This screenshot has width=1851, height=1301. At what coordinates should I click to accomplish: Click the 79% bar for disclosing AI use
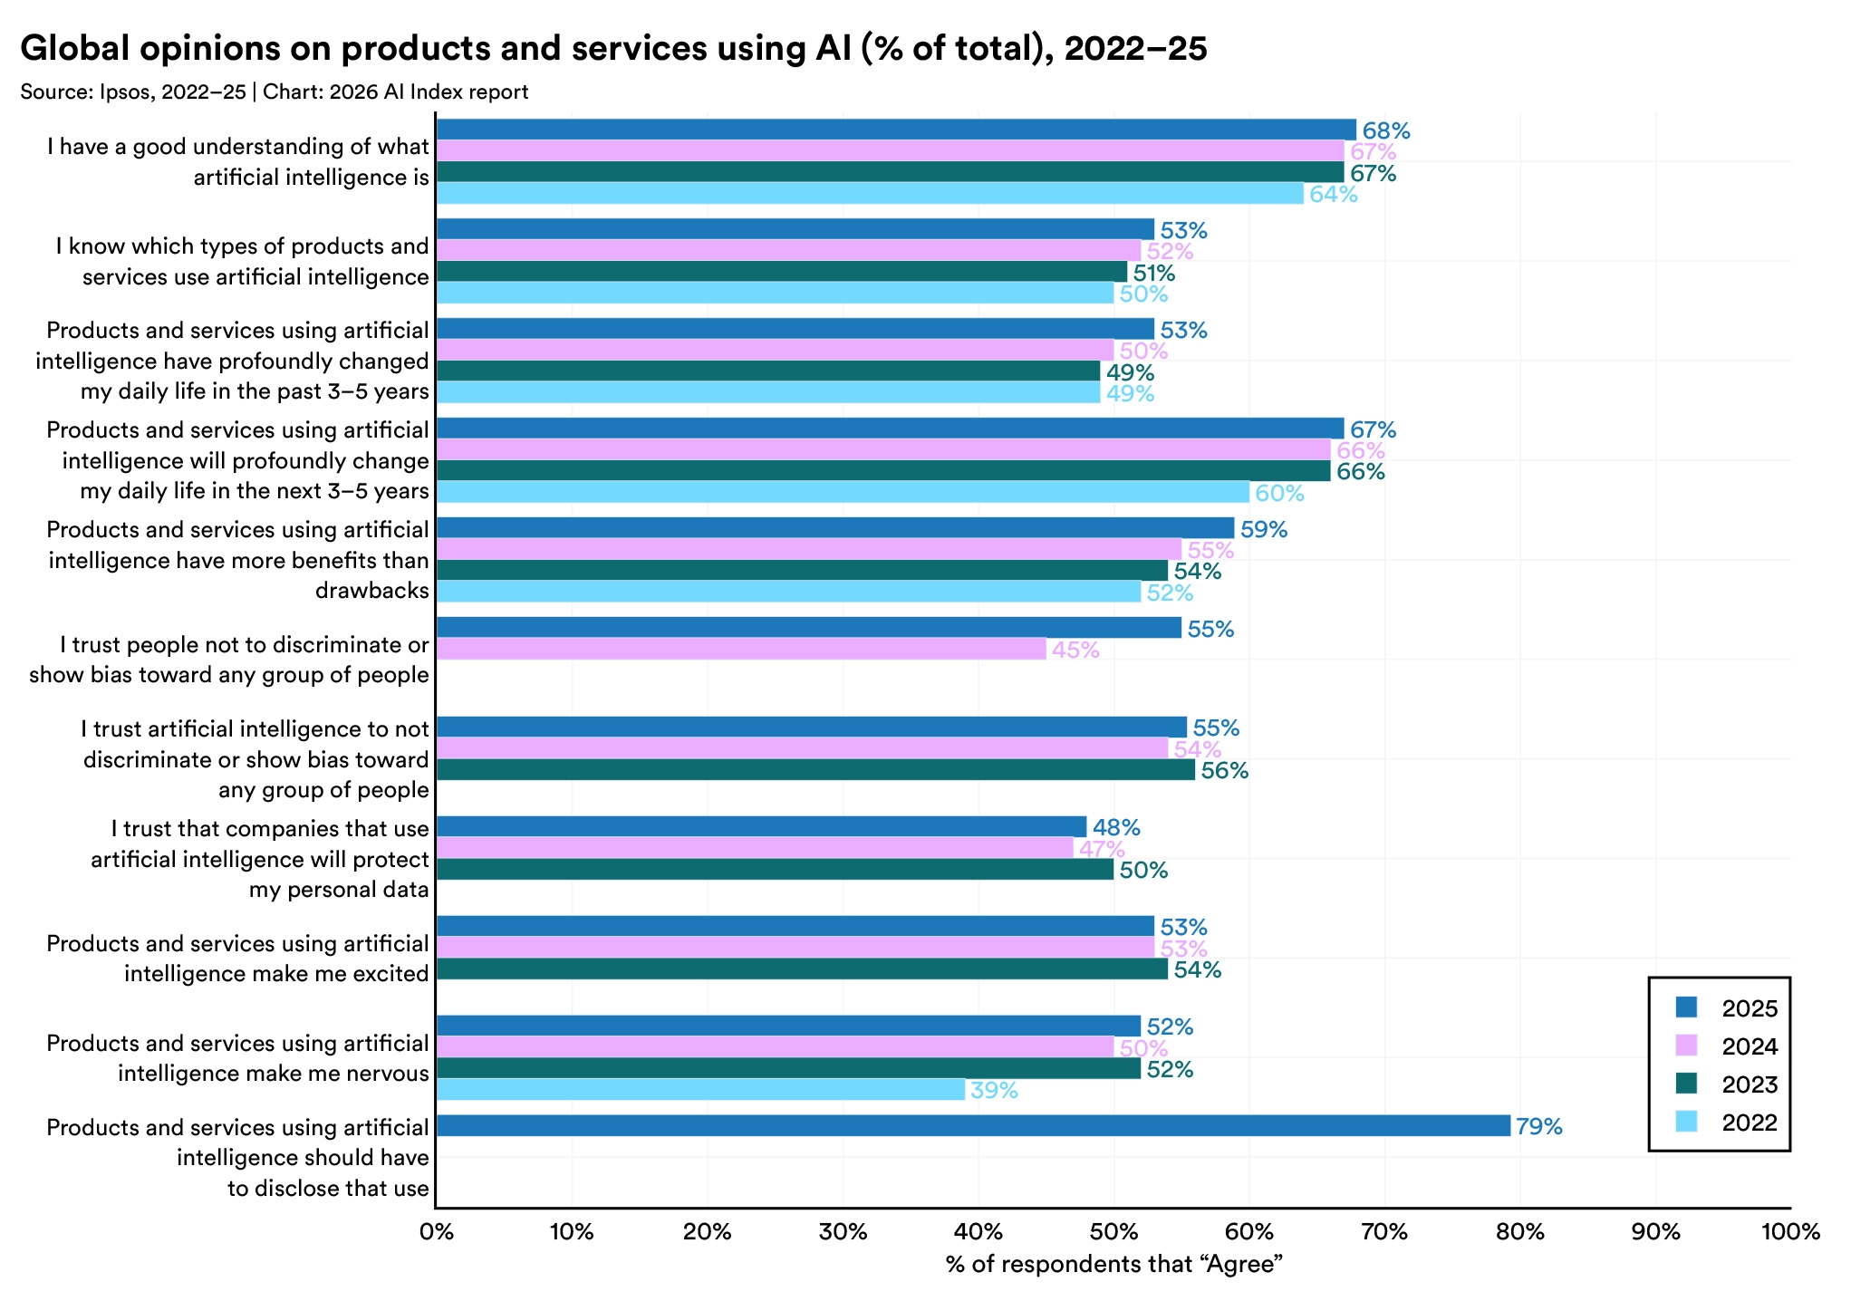(973, 1125)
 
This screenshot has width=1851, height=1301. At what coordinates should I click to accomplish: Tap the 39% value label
(994, 1091)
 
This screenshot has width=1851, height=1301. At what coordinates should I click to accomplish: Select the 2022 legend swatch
(1686, 1122)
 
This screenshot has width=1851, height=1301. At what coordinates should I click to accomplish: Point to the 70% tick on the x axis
(1384, 1232)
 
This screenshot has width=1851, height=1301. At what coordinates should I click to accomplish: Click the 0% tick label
(436, 1232)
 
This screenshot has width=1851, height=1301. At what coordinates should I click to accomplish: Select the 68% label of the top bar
(1386, 131)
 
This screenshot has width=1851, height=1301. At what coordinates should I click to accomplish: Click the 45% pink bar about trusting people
(741, 649)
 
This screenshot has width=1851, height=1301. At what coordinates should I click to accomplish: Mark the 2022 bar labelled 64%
(870, 193)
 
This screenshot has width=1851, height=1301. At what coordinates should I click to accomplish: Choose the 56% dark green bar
(815, 770)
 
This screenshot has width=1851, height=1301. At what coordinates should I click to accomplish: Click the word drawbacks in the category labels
(371, 591)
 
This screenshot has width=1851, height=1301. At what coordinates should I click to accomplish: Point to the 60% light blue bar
(843, 492)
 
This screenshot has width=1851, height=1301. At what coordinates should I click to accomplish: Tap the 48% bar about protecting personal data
(761, 826)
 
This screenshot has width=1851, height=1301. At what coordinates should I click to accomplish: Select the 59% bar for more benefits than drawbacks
(835, 528)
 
